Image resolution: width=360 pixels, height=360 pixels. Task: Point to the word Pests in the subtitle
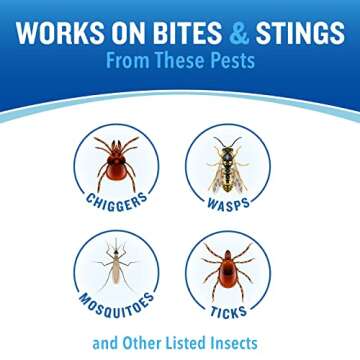[228, 60]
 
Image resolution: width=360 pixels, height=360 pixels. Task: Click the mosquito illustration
[116, 266]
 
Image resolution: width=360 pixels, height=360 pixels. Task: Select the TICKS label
[230, 311]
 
